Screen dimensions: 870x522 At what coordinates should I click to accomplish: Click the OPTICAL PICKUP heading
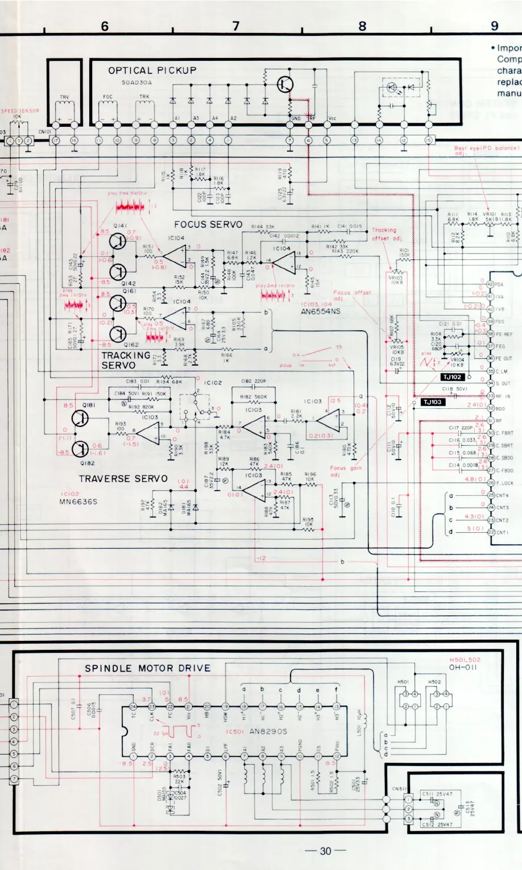click(x=152, y=71)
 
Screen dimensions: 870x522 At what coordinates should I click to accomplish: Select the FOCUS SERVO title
click(x=208, y=225)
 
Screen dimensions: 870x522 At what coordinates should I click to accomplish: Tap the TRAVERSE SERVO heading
click(x=123, y=479)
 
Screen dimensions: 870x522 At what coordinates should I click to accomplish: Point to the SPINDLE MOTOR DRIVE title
click(x=147, y=668)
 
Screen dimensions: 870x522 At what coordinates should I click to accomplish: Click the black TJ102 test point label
click(x=453, y=377)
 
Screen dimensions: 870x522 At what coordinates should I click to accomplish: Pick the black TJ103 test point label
click(x=432, y=402)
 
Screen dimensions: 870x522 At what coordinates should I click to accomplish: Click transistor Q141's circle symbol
click(x=118, y=241)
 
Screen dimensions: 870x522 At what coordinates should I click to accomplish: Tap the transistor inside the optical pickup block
click(x=285, y=85)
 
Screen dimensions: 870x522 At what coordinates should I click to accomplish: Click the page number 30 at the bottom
click(x=325, y=851)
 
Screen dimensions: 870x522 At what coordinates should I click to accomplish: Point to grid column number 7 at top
click(x=236, y=26)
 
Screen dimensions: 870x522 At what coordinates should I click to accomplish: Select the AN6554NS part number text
click(x=321, y=312)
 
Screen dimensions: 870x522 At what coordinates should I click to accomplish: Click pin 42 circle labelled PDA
click(x=490, y=284)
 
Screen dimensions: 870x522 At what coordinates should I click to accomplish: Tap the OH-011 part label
click(x=463, y=667)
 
